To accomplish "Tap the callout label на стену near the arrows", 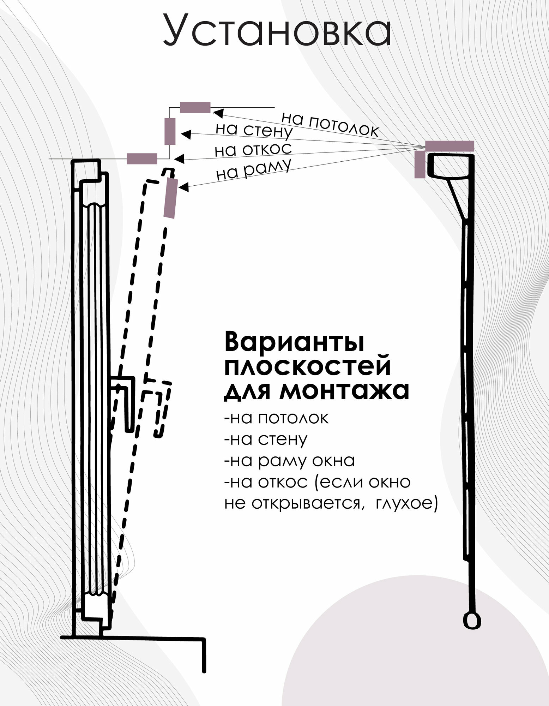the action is (254, 131).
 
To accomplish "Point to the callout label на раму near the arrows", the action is (253, 170).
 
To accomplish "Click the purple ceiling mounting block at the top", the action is (195, 107).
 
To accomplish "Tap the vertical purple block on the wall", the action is (170, 132).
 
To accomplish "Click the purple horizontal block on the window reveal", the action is (142, 159).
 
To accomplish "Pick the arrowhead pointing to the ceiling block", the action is (218, 114).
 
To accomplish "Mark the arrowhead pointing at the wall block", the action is (186, 134).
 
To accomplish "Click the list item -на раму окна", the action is (289, 461).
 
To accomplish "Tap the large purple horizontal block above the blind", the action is (449, 146).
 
